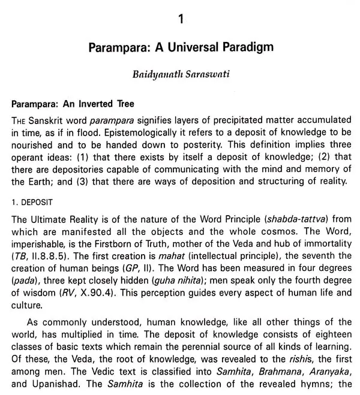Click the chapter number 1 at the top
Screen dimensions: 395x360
180,20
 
